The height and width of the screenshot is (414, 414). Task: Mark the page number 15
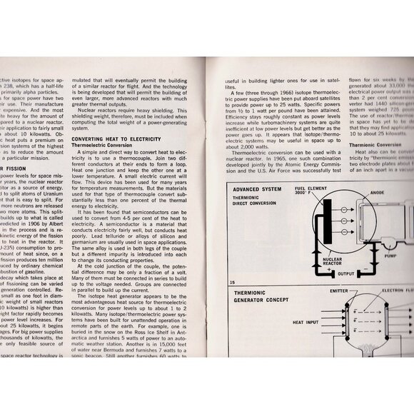[233, 283]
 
